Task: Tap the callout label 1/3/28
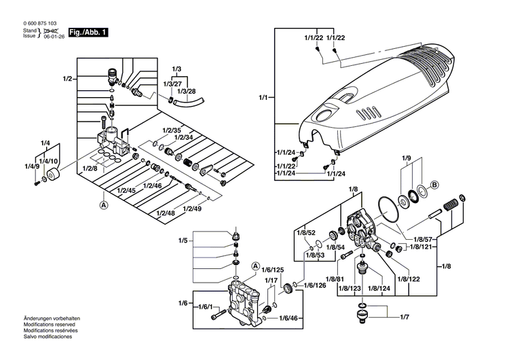[x=186, y=91]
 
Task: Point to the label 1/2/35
[x=172, y=129]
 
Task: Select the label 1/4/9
[x=32, y=166]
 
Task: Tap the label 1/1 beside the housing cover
[x=263, y=98]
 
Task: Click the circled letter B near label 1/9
[x=436, y=183]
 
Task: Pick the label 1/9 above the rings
[x=406, y=158]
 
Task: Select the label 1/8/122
[x=409, y=278]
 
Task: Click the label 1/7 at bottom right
[x=404, y=317]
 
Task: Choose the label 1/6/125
[x=274, y=270]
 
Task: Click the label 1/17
[x=271, y=280]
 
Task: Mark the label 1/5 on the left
[x=183, y=240]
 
